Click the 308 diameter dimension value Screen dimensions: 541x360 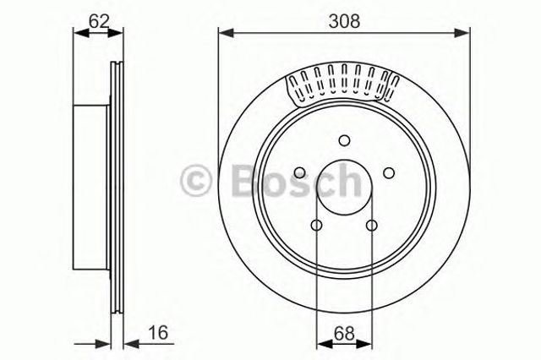click(344, 20)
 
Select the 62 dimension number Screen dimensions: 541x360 click(99, 21)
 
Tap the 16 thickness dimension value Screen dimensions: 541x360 click(158, 332)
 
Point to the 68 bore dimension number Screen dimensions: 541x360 click(344, 333)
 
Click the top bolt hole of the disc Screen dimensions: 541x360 click(344, 140)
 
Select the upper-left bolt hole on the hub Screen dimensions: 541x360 click(299, 172)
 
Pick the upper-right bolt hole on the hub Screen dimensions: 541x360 click(389, 172)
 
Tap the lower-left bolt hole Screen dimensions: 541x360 click(316, 226)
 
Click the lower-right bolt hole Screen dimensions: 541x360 click(372, 226)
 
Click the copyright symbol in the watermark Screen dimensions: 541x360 click(195, 180)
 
